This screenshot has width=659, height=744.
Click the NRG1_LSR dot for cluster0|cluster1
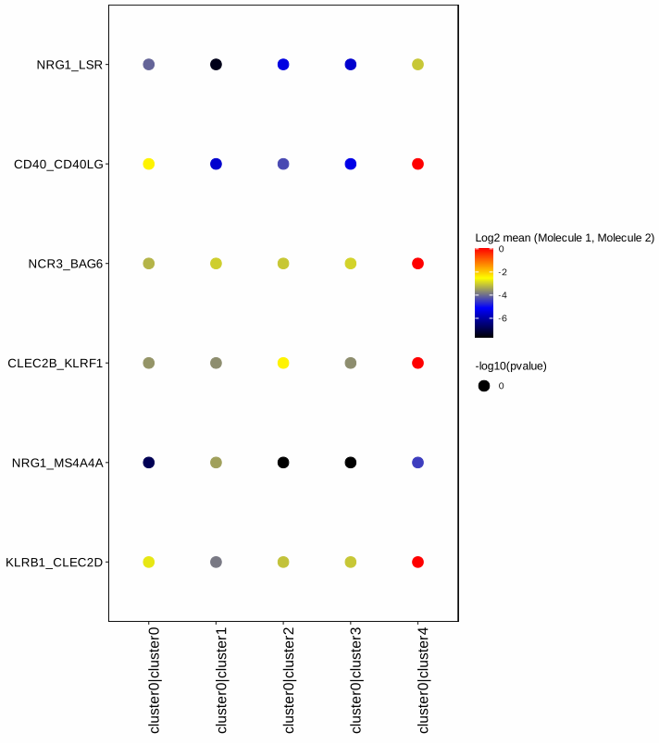(216, 65)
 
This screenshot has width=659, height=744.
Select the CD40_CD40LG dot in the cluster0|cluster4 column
(417, 164)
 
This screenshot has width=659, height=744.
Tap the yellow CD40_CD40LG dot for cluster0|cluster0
(148, 164)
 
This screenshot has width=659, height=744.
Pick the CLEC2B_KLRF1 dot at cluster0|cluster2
(283, 363)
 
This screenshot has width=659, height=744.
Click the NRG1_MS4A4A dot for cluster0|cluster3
(351, 462)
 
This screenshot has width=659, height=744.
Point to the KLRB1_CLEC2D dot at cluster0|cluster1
(216, 562)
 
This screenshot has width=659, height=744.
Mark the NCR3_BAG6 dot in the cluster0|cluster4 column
(417, 264)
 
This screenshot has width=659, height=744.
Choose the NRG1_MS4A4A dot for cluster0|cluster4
(417, 462)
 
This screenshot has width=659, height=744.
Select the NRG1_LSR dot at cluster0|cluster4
(417, 65)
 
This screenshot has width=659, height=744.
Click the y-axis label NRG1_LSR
(69, 65)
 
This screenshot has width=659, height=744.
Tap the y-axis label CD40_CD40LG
(58, 164)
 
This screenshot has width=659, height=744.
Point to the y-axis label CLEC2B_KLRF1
(55, 363)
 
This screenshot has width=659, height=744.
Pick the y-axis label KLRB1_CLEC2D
(54, 562)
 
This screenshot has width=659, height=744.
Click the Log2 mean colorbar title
(565, 238)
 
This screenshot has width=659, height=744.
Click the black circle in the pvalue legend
(484, 386)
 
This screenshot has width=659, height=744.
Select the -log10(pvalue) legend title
(511, 366)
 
